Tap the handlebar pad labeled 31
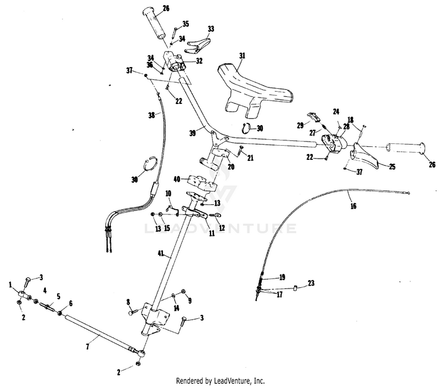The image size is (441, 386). pyautogui.click(x=253, y=88)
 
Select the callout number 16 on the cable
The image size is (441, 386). pyautogui.click(x=352, y=206)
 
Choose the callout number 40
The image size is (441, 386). pyautogui.click(x=177, y=179)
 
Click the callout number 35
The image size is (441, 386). pyautogui.click(x=186, y=24)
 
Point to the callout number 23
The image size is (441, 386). pyautogui.click(x=310, y=283)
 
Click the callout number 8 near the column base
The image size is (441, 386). pyautogui.click(x=127, y=302)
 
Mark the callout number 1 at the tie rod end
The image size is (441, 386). pyautogui.click(x=11, y=284)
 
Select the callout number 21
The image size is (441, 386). pyautogui.click(x=250, y=158)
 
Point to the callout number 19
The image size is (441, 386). pyautogui.click(x=282, y=277)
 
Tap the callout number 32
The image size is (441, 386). pyautogui.click(x=199, y=61)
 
